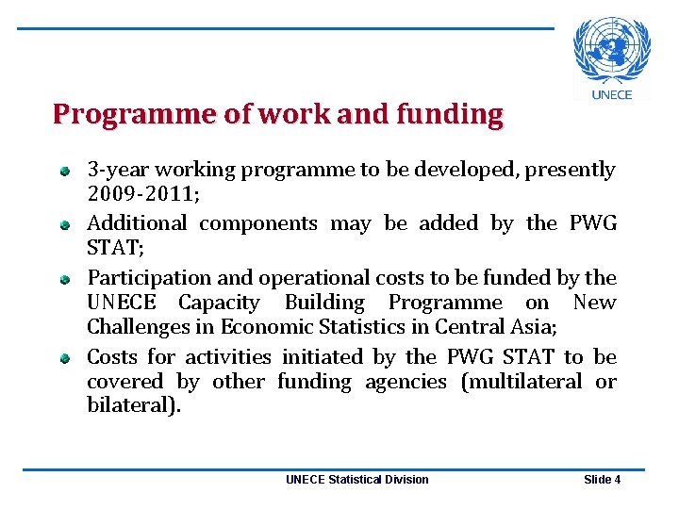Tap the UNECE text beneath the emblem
[612, 94]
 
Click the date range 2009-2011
[141, 195]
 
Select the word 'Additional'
[136, 223]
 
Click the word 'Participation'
[149, 278]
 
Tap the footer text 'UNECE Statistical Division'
[356, 480]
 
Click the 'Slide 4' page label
[602, 480]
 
